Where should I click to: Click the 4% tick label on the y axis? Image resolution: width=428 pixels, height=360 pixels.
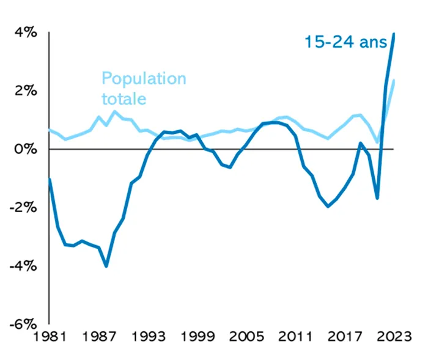[x=26, y=32]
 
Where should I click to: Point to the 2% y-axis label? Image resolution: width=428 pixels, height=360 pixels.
[x=26, y=90]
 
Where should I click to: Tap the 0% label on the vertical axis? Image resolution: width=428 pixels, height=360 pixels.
[x=26, y=149]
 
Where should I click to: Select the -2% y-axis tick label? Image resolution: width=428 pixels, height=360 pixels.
[x=23, y=207]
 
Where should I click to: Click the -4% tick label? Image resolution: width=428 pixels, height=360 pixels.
[x=23, y=266]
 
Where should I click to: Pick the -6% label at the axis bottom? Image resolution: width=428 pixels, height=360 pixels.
[x=23, y=325]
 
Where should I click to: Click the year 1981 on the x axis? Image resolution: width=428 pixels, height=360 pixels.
[x=50, y=337]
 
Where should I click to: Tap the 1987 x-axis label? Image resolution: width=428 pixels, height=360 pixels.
[x=99, y=337]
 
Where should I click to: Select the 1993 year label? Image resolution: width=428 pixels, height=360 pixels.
[x=149, y=337]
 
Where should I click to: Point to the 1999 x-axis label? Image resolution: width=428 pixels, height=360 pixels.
[x=197, y=337]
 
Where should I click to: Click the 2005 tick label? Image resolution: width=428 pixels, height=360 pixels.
[x=246, y=337]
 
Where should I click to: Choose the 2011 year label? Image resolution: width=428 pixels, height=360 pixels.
[x=295, y=337]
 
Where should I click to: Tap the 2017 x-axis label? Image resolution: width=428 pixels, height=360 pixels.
[x=345, y=337]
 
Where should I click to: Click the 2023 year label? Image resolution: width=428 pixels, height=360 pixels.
[x=394, y=337]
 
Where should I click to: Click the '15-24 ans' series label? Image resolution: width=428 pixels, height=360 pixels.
[x=345, y=42]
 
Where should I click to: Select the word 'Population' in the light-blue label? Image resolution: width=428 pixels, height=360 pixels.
[x=144, y=79]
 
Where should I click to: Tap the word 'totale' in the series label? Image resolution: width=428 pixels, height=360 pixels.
[x=124, y=99]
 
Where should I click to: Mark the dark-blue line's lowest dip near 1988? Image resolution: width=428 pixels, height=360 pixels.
[x=106, y=266]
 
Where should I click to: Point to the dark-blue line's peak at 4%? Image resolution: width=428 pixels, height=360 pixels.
[x=394, y=34]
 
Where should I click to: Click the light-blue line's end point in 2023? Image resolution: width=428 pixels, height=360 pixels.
[x=394, y=80]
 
